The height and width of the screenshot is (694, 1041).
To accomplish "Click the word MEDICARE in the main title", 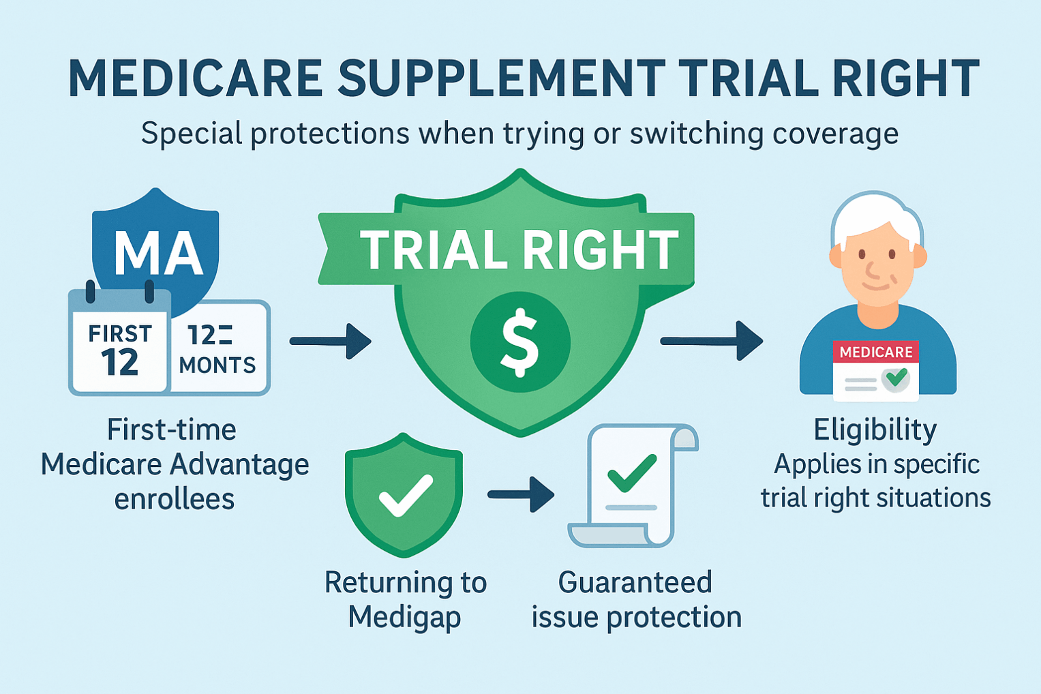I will [x=196, y=79].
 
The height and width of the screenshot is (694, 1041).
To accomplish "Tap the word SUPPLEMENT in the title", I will [x=502, y=79].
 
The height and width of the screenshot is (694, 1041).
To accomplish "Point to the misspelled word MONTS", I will [x=217, y=365].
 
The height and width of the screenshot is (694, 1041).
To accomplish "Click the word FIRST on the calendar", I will [x=120, y=333].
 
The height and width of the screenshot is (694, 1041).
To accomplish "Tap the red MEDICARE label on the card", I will [x=875, y=352].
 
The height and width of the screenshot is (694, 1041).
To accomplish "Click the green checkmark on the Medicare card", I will [x=896, y=377].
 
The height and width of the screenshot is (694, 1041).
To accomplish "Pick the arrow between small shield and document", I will [x=521, y=494].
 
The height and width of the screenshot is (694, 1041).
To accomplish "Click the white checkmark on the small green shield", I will [x=405, y=495].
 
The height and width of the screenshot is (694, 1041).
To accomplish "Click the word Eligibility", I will [x=875, y=430].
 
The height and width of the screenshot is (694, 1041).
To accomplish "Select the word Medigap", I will [x=404, y=618].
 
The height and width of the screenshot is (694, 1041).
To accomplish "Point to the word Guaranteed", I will [x=635, y=583].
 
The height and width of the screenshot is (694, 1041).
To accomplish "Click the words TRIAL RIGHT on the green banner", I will [x=519, y=250].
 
